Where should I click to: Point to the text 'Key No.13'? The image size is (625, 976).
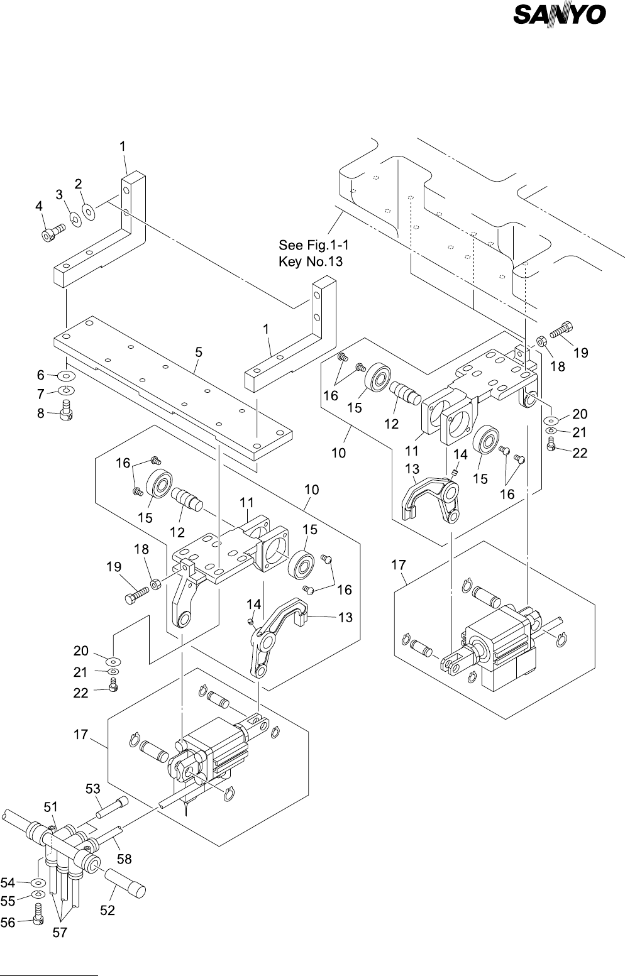[x=311, y=261]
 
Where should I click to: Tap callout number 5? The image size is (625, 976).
[x=198, y=353]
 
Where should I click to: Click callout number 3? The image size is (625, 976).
[x=60, y=195]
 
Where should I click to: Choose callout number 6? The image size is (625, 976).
[x=41, y=375]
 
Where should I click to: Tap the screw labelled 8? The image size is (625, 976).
[x=65, y=414]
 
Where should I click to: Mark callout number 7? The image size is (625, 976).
[x=41, y=394]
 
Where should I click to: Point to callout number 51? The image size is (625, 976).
[x=52, y=806]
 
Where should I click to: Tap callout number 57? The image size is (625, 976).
[x=59, y=933]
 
